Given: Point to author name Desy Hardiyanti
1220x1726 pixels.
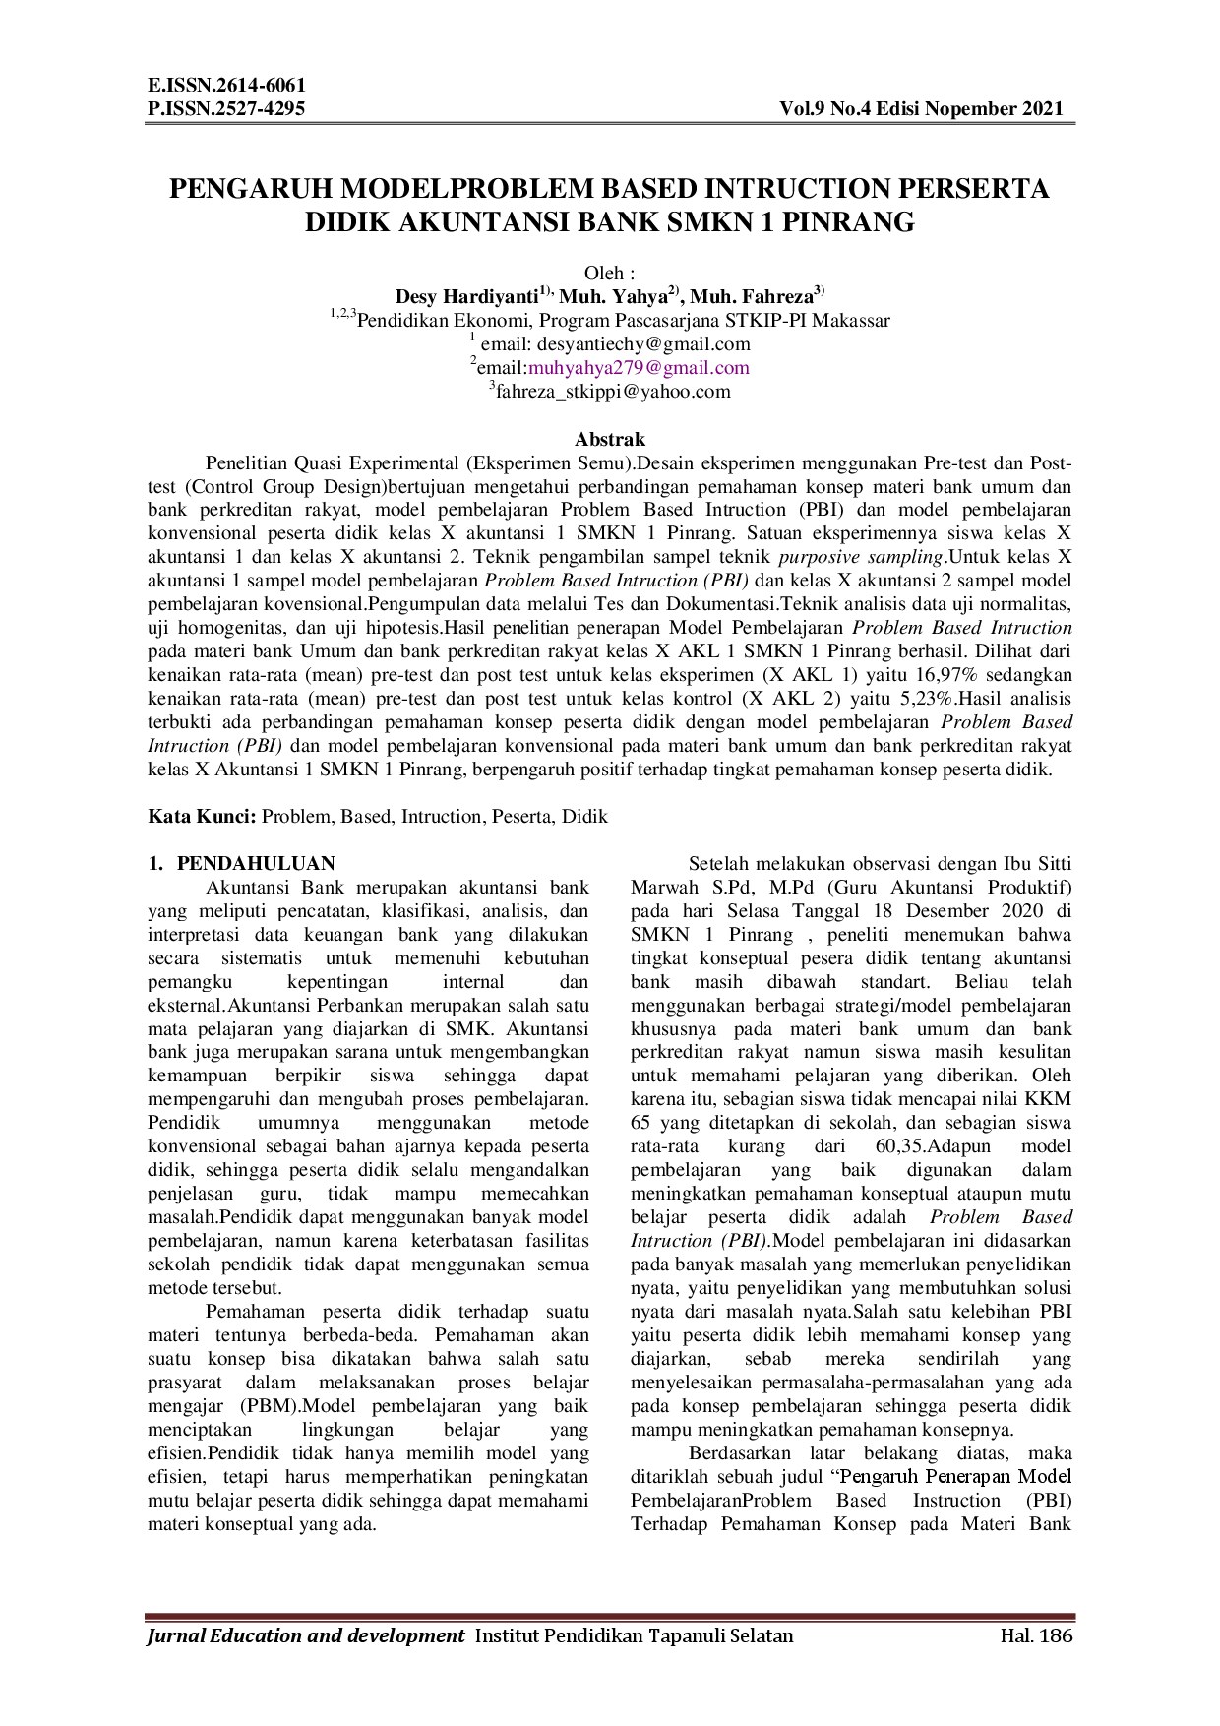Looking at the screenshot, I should pyautogui.click(x=465, y=297).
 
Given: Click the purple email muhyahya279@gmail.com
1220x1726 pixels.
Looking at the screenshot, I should pyautogui.click(x=639, y=368).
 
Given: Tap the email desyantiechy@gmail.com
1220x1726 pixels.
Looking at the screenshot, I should pyautogui.click(x=640, y=344).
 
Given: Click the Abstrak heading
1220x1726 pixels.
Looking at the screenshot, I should pyautogui.click(x=609, y=440).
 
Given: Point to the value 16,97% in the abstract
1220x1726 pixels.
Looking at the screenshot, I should pyautogui.click(x=926, y=675).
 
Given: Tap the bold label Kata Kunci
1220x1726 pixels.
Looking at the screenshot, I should pyautogui.click(x=202, y=817).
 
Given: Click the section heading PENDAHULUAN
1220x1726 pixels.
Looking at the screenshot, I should pyautogui.click(x=256, y=864).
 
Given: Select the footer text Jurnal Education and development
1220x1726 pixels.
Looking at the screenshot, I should pyautogui.click(x=305, y=1636).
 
